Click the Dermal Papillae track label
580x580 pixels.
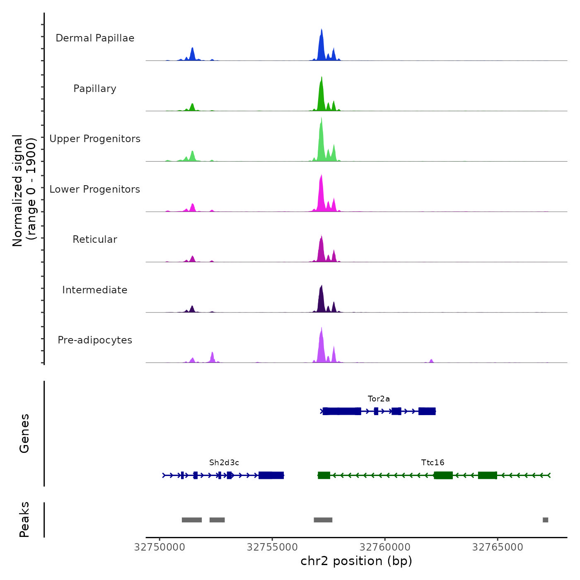(x=95, y=38)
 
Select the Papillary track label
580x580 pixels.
(x=95, y=89)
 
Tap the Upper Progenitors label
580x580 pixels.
(x=95, y=139)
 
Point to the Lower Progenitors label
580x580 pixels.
(x=95, y=189)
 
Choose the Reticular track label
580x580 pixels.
(x=95, y=239)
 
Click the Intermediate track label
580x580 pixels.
(x=95, y=290)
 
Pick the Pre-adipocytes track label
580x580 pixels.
(x=95, y=340)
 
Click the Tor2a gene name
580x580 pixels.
(x=379, y=399)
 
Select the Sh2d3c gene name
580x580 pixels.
(x=224, y=463)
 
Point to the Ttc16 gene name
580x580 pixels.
(x=433, y=463)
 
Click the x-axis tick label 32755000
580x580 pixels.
(x=272, y=547)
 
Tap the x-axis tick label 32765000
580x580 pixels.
(x=498, y=547)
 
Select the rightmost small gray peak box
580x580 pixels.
(x=545, y=520)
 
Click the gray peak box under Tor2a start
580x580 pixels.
(x=323, y=520)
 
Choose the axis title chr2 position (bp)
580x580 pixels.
(x=356, y=561)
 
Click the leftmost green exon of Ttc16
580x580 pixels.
(x=324, y=475)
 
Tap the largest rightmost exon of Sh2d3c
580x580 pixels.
(x=271, y=475)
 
